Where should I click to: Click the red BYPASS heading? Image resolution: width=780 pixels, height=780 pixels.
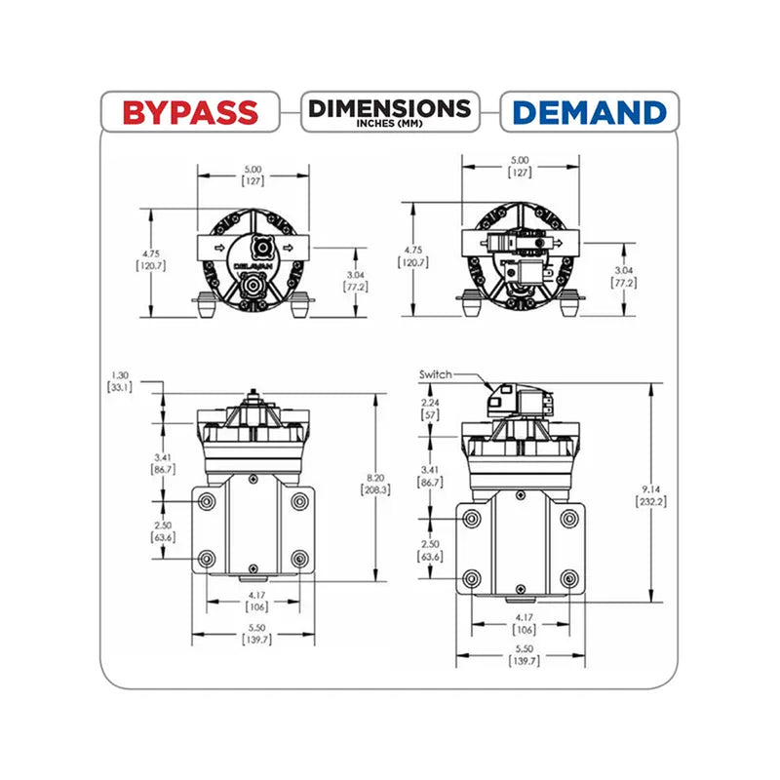click(x=190, y=112)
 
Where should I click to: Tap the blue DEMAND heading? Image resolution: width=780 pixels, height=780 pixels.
click(x=590, y=112)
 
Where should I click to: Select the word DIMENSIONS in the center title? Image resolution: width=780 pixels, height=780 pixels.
click(x=389, y=108)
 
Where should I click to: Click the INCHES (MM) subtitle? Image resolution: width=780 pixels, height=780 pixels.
click(x=389, y=123)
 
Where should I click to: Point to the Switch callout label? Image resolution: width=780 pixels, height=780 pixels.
click(x=435, y=374)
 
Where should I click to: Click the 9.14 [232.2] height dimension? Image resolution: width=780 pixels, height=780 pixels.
click(x=651, y=495)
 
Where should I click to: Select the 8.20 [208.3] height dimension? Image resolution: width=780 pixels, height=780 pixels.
click(x=375, y=484)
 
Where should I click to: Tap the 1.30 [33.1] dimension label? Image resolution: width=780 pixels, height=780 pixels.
click(x=120, y=381)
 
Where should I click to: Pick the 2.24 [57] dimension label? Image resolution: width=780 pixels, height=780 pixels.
click(x=430, y=409)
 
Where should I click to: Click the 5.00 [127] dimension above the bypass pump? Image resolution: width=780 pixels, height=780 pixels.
click(x=253, y=175)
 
